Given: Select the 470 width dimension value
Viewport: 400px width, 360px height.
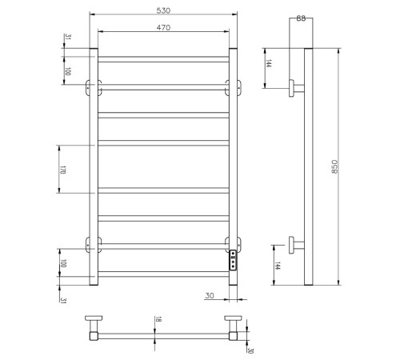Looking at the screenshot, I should (163, 26).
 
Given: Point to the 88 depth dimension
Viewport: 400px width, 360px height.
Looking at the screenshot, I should (299, 18).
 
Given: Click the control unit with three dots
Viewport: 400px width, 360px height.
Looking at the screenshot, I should (233, 261).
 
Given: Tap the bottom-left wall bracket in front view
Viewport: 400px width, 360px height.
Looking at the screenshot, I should (92, 242).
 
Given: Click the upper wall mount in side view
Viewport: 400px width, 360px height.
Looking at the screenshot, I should (296, 87).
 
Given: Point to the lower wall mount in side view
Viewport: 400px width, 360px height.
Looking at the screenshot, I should (296, 242).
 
